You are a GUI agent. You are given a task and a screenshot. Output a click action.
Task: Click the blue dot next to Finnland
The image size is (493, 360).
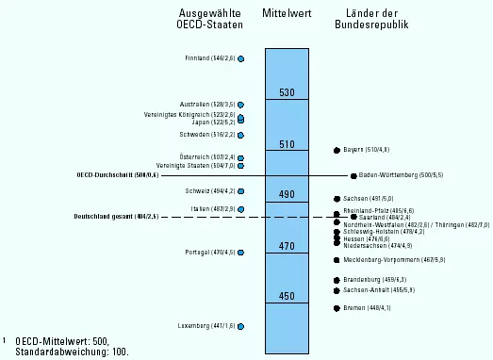241,58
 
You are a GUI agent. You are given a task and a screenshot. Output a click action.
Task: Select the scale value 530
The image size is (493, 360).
288,92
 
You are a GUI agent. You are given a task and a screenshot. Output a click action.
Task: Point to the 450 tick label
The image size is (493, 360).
288,297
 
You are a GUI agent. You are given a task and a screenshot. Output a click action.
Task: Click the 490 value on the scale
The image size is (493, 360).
288,195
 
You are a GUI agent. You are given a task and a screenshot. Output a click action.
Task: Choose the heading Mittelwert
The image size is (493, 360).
288,13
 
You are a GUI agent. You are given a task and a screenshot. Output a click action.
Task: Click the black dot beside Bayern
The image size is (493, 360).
337,150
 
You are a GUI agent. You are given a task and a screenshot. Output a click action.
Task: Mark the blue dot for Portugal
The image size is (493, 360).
241,253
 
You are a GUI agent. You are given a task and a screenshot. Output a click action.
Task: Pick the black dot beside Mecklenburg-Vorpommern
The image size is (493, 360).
337,259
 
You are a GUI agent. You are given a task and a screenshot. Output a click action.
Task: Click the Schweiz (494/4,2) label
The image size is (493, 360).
209,191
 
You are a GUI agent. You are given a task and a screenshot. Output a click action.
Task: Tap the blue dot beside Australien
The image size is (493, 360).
241,105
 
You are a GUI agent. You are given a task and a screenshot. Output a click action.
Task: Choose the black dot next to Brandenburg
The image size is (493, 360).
337,280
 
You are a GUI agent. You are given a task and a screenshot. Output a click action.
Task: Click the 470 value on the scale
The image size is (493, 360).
288,246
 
